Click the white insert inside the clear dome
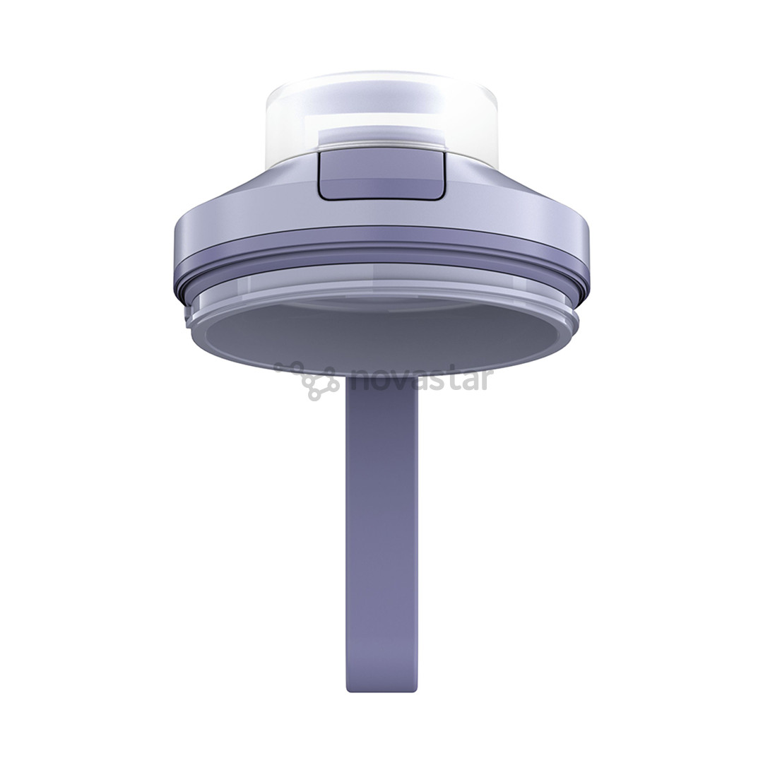[x=381, y=134]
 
